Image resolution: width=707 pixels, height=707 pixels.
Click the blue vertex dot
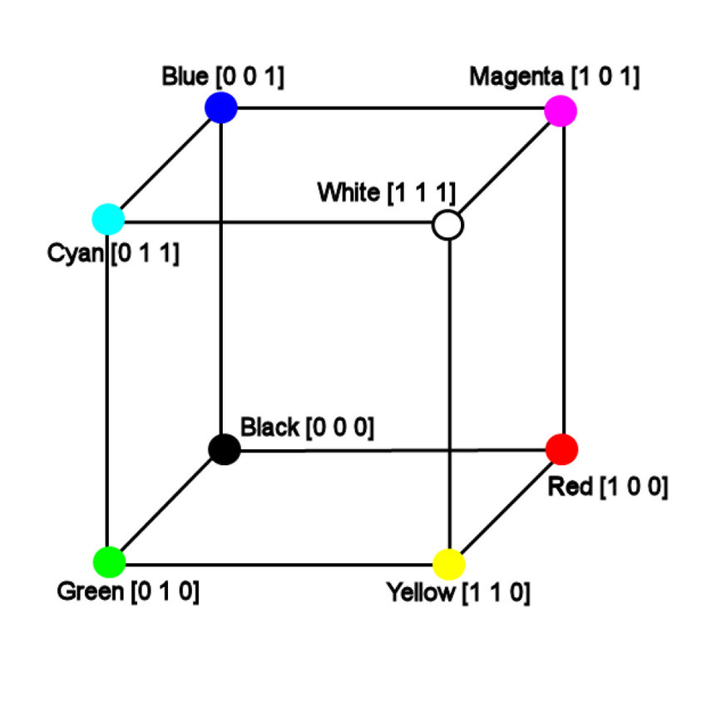(x=220, y=107)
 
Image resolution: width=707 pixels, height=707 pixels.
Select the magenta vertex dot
(x=561, y=110)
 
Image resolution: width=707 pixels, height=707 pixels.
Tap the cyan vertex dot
(x=108, y=220)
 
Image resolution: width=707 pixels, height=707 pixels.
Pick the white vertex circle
(x=448, y=225)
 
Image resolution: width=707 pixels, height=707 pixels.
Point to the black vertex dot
(x=225, y=450)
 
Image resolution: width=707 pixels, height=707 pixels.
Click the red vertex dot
(x=562, y=449)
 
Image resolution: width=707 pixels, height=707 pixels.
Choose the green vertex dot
(x=109, y=561)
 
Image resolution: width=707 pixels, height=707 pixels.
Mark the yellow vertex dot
(x=449, y=564)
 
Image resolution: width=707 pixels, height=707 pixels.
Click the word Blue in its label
(x=185, y=77)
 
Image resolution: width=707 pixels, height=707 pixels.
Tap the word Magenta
(x=516, y=77)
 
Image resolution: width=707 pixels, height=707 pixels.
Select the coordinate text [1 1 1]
(x=421, y=193)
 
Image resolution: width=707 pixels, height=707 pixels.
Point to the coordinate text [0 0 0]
(x=340, y=428)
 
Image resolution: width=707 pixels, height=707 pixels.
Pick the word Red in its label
(x=570, y=487)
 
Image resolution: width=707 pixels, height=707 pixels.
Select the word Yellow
(x=421, y=594)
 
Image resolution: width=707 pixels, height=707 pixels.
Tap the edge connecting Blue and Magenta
(x=391, y=108)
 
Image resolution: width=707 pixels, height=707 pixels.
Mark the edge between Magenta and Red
(x=565, y=279)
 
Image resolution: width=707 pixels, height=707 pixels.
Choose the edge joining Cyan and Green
(x=108, y=391)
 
